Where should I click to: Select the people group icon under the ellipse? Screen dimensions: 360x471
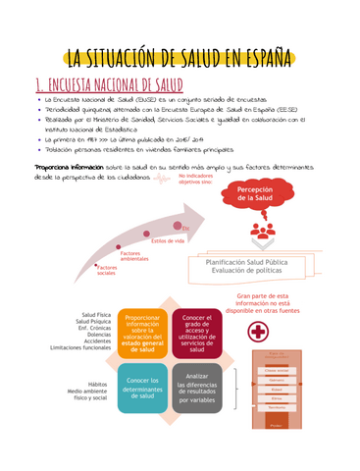(x=263, y=233)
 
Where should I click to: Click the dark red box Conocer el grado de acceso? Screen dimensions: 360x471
(x=197, y=334)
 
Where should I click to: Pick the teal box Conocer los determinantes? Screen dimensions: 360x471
(x=144, y=387)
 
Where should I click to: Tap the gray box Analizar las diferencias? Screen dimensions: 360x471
(x=197, y=387)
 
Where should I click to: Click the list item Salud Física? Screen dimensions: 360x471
(x=95, y=314)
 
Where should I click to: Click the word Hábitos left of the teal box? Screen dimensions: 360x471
(x=97, y=385)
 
